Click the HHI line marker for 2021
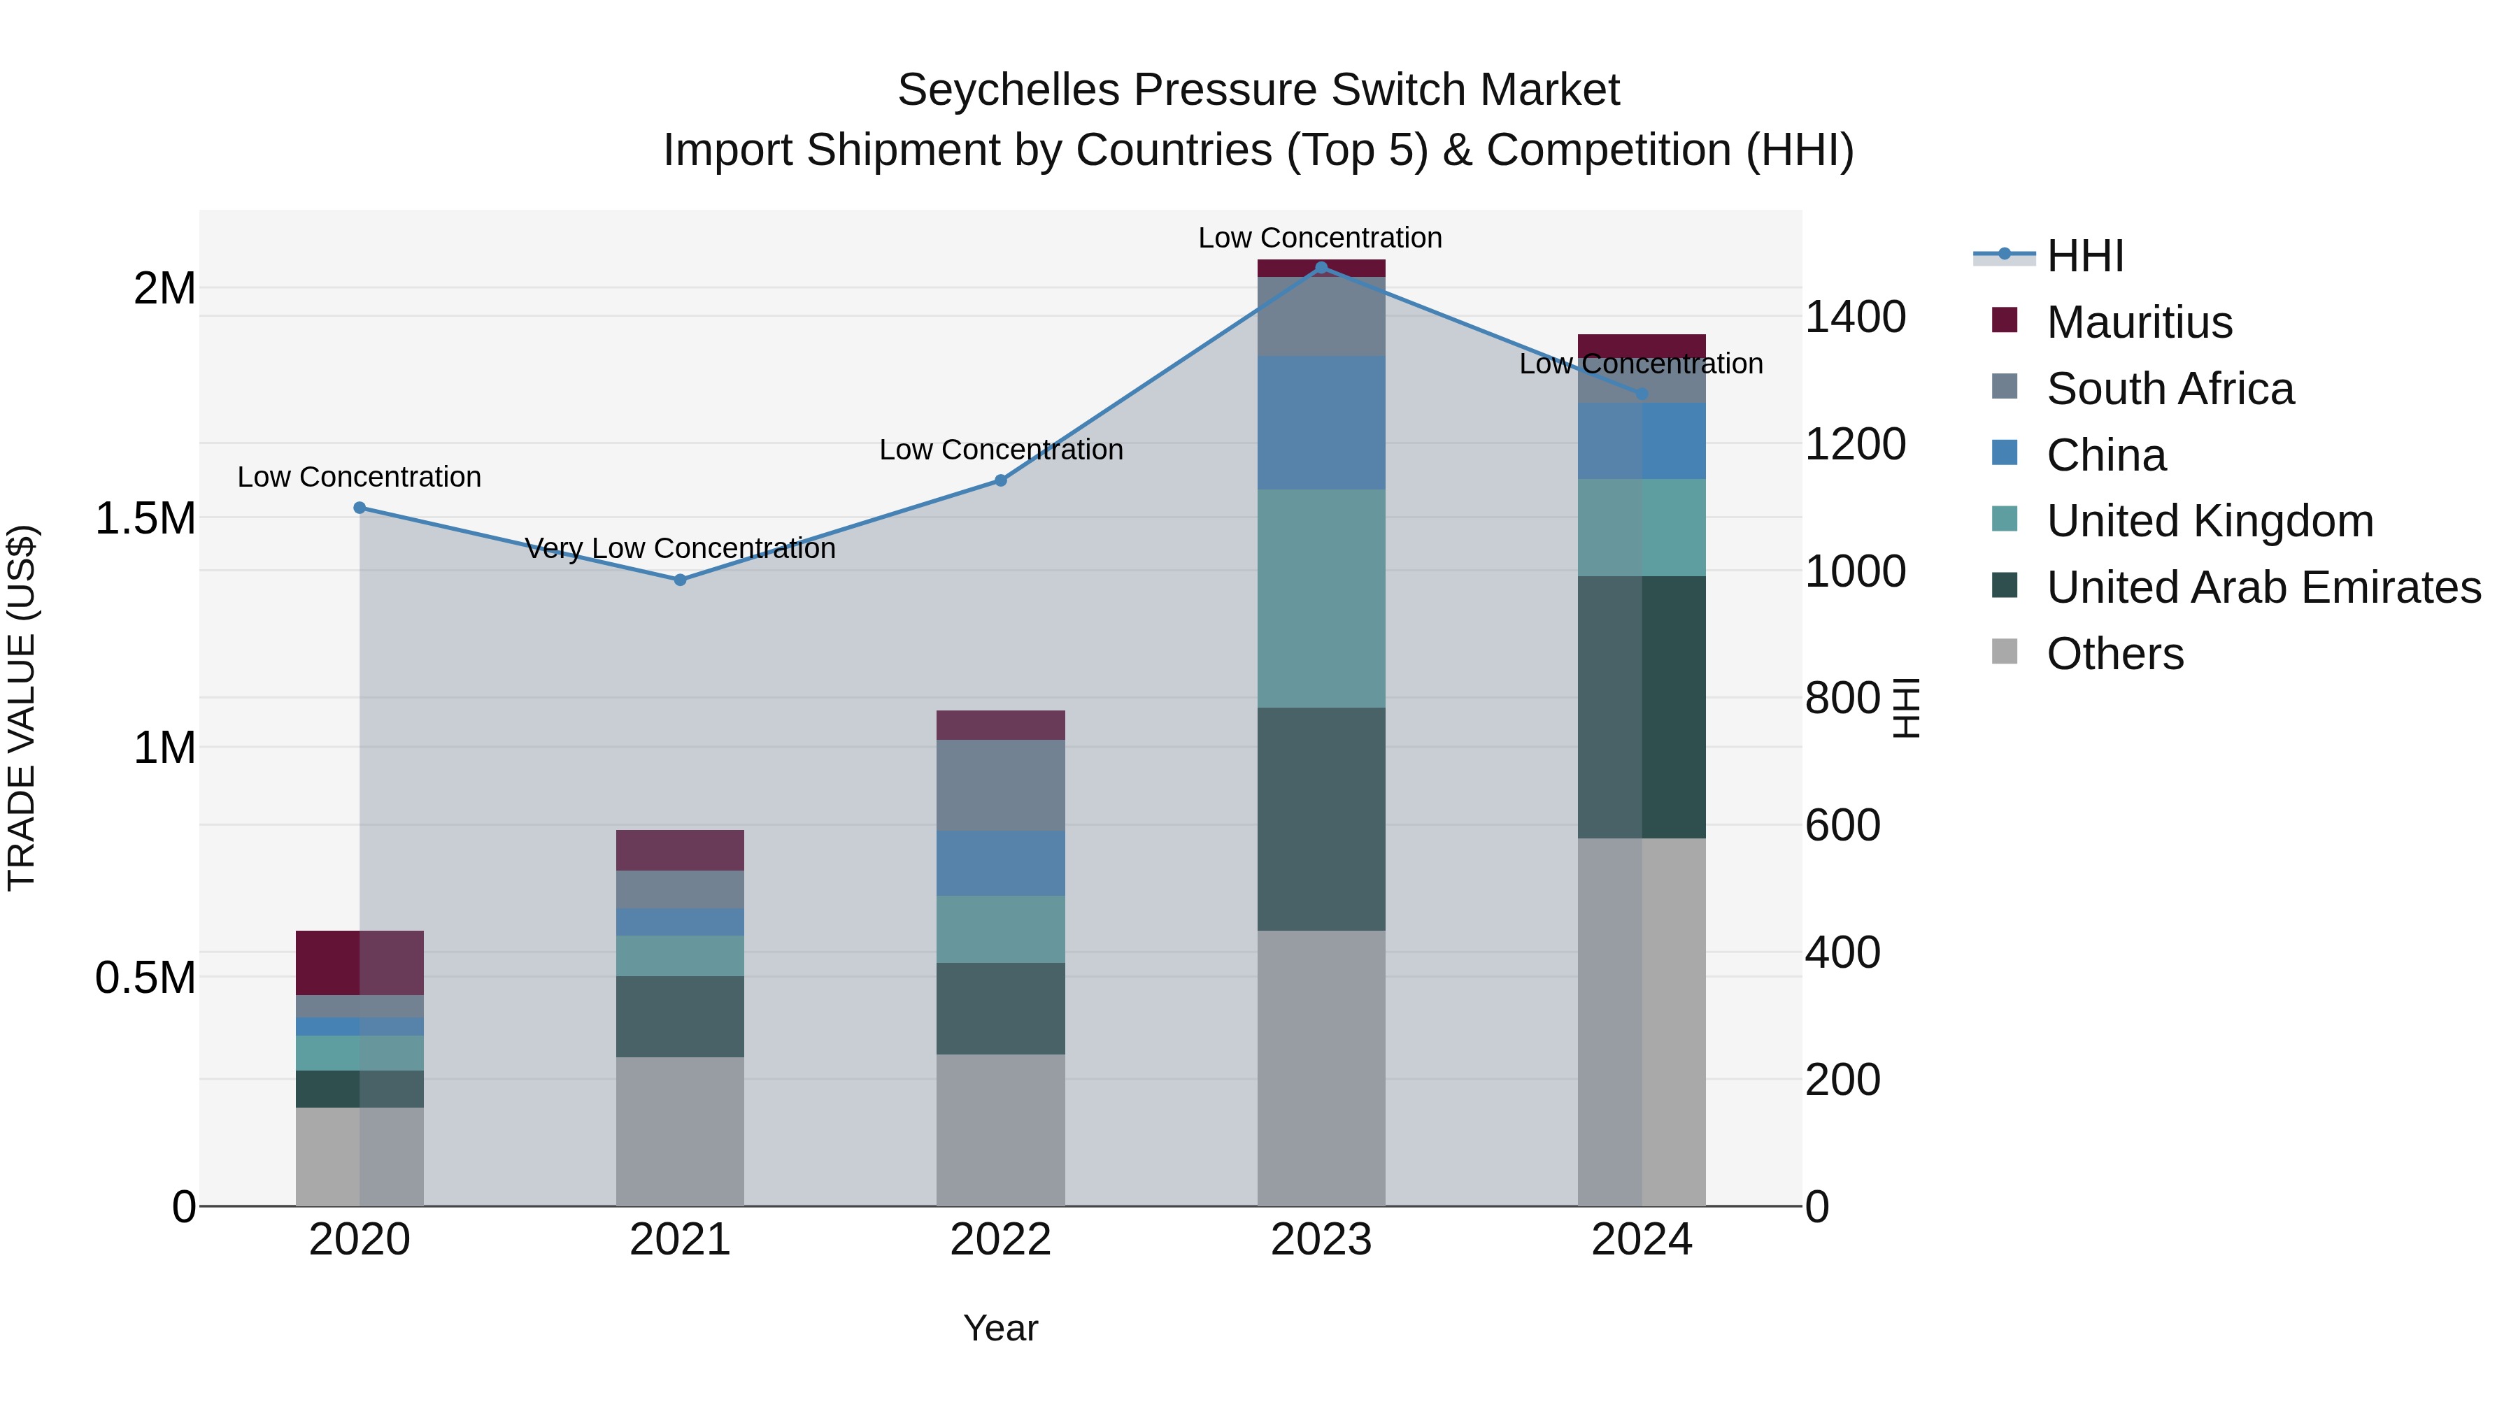pos(681,580)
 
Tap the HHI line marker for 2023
pos(1321,267)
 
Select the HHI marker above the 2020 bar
pos(360,507)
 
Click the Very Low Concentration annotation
pos(681,548)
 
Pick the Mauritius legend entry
pos(2139,322)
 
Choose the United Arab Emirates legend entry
pos(2263,587)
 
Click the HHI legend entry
pos(2084,256)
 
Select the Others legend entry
pos(2114,654)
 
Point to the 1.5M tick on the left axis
pos(145,518)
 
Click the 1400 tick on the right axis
pos(1854,317)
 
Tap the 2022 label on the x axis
pos(1000,1240)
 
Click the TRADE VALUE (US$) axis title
pos(22,708)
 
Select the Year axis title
pos(1000,1328)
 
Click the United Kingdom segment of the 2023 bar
pos(1321,598)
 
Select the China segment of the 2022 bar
pos(1000,863)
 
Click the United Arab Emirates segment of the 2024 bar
pos(1641,706)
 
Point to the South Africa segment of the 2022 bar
pos(1000,785)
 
